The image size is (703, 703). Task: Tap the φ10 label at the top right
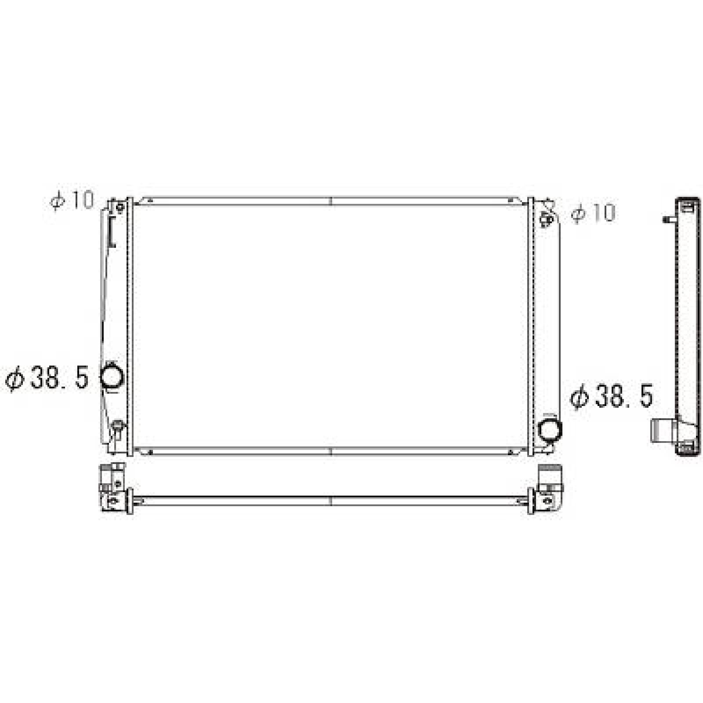[x=593, y=214]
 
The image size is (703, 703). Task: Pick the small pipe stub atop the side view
[x=668, y=219]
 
